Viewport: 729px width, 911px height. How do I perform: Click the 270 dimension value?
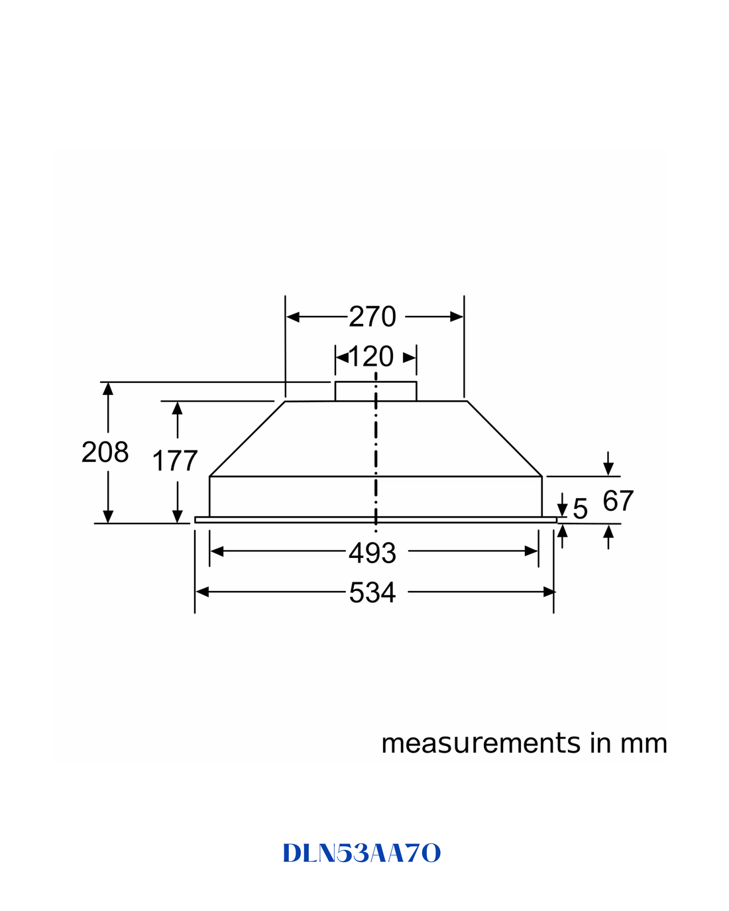(x=372, y=317)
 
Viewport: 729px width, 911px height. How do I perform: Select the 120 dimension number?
(x=371, y=356)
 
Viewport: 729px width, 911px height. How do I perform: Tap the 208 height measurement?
(x=105, y=452)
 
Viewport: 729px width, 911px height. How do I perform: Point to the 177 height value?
(x=174, y=460)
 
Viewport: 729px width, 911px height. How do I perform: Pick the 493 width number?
(x=372, y=553)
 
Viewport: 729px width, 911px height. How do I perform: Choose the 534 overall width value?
(x=372, y=592)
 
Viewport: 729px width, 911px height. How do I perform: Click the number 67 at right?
(x=618, y=500)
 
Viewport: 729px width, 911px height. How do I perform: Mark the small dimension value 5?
(x=580, y=508)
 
